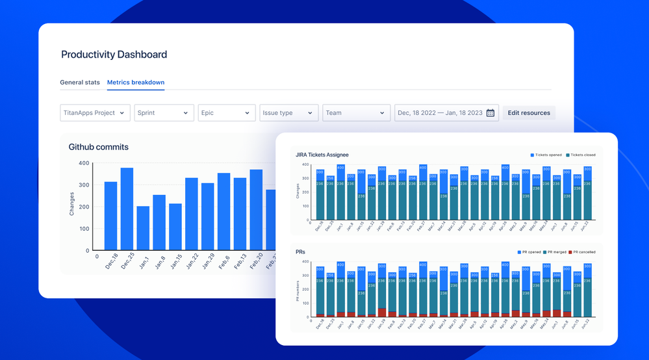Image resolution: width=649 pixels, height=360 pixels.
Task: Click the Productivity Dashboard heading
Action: [114, 55]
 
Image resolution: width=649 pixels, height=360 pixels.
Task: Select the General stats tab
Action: [80, 83]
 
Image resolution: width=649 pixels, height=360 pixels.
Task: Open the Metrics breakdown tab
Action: [136, 83]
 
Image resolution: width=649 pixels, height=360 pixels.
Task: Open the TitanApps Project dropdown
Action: [95, 113]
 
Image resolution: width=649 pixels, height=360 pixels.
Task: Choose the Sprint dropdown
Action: [164, 113]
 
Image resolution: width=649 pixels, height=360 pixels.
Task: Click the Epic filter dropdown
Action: [226, 113]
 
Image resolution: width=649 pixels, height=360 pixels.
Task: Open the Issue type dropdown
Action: [289, 113]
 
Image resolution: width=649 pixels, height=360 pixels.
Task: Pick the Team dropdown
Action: [355, 113]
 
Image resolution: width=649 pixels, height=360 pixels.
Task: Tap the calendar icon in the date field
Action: [490, 113]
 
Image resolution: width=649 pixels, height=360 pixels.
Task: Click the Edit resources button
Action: [529, 113]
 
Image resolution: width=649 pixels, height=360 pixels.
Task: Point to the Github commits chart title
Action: [99, 147]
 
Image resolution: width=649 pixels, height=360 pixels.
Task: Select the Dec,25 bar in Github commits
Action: [127, 209]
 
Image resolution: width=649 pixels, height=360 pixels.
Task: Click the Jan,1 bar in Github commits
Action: [143, 228]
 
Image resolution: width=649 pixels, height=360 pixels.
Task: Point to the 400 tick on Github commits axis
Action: [84, 163]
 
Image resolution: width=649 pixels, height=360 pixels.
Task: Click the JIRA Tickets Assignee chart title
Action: [322, 155]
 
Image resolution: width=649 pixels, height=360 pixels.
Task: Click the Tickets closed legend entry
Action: [580, 155]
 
